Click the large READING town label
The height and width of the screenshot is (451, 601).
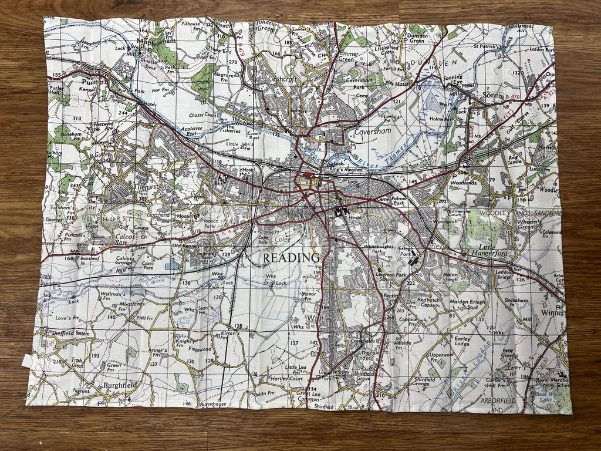[x=291, y=258]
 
